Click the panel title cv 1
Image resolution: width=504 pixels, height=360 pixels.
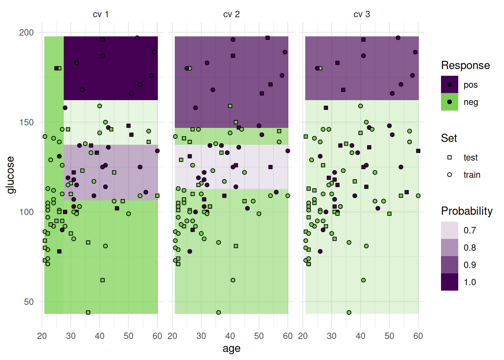100,14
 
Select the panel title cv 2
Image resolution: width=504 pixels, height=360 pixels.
231,14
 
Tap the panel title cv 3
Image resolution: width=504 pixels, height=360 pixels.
361,14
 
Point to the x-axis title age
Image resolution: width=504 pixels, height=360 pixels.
231,348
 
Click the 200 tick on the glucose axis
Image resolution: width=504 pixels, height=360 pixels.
26,33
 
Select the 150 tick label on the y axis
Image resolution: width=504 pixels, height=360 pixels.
26,122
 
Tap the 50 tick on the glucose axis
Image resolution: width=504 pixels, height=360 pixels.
29,302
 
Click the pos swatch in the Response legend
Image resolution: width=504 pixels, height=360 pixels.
449,85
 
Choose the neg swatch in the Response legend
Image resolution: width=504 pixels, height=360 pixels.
449,102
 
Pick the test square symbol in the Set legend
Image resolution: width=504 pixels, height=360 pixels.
449,157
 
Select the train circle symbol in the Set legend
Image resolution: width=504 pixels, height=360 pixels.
449,175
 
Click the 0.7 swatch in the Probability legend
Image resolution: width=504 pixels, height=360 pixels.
449,230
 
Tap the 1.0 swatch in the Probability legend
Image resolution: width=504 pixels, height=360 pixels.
449,282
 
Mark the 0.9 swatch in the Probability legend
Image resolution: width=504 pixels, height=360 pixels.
449,265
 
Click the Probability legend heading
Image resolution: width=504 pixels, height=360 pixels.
466,211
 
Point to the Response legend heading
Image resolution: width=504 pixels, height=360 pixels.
465,66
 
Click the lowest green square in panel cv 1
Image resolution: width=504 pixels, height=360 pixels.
88,312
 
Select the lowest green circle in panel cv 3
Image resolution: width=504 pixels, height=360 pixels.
349,312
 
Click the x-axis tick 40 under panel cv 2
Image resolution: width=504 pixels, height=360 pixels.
230,336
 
